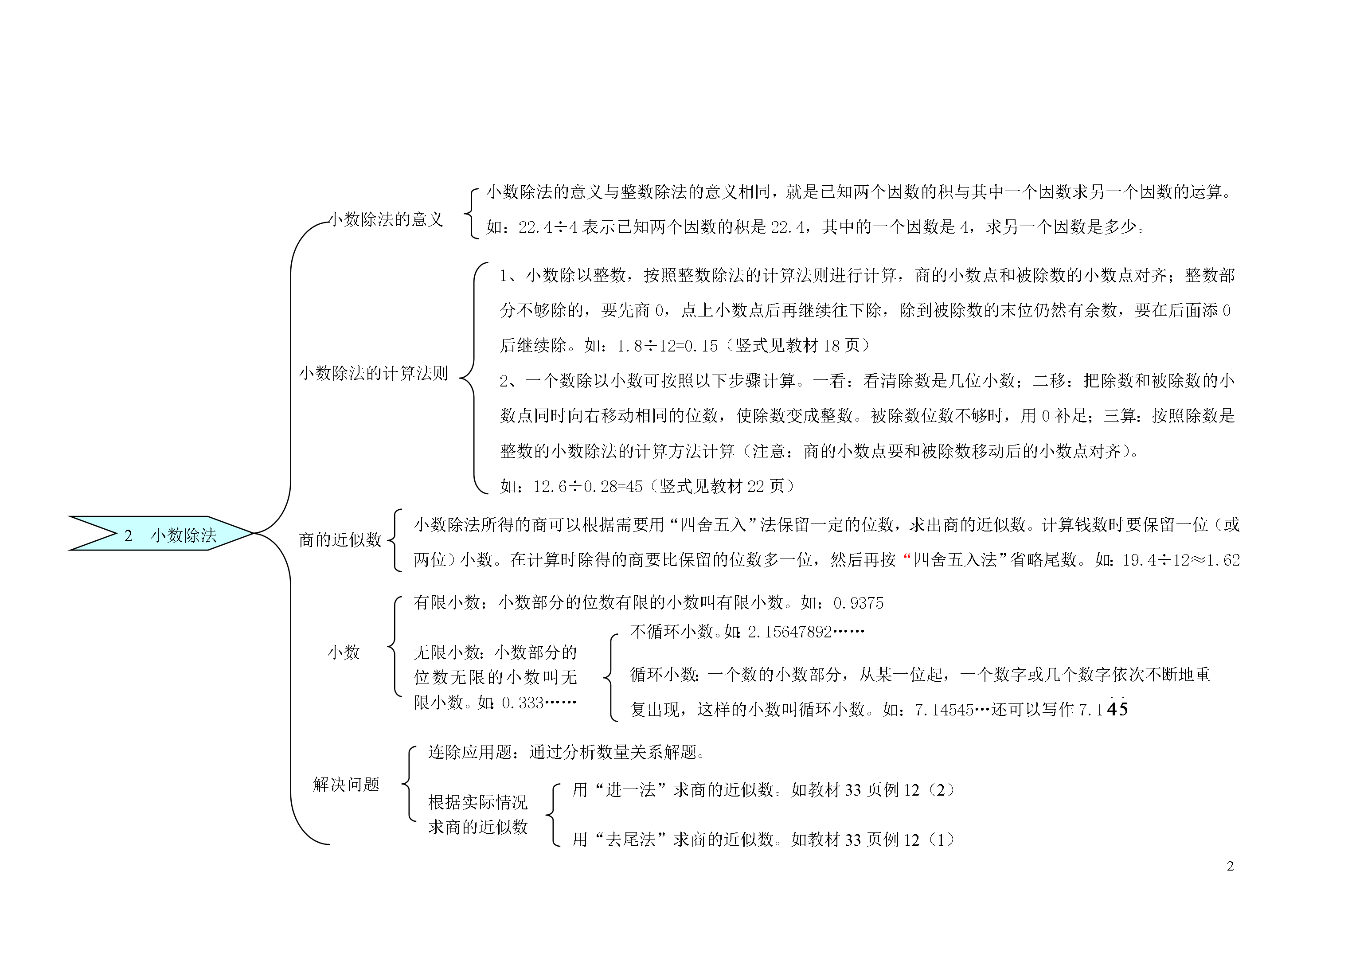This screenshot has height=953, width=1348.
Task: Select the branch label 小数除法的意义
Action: coord(386,219)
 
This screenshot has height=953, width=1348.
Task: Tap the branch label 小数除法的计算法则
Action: coord(373,373)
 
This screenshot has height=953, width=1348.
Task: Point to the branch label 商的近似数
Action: coord(340,539)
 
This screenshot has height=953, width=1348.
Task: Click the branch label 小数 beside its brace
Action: coord(344,652)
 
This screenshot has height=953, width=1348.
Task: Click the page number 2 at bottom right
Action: coord(1230,867)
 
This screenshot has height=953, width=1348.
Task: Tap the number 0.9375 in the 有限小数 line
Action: coord(858,603)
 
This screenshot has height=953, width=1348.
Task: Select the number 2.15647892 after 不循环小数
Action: coord(789,632)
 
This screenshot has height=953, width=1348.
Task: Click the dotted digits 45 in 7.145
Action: coord(1117,708)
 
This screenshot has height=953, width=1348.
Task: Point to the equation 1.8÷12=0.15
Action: coord(668,346)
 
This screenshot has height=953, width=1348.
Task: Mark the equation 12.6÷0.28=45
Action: coord(588,486)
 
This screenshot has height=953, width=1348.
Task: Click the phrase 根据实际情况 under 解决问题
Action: coord(478,802)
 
